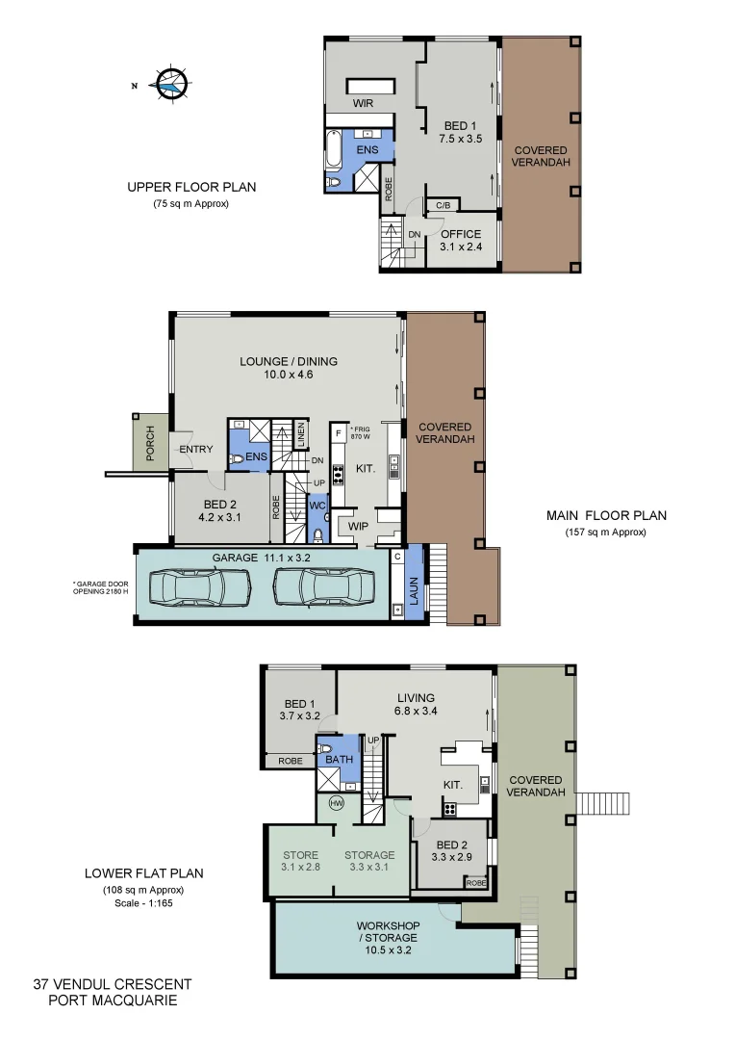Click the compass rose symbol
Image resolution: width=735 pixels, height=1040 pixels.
[x=170, y=85]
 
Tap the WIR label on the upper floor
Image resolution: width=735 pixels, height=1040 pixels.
[x=363, y=103]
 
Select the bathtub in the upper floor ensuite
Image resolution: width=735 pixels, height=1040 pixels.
[x=333, y=152]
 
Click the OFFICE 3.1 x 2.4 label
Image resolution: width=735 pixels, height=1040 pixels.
[x=460, y=240]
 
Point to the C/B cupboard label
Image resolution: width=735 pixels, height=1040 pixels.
[x=444, y=205]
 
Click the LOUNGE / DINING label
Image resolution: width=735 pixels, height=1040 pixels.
[x=289, y=368]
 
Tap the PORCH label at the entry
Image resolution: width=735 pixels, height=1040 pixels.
[x=150, y=444]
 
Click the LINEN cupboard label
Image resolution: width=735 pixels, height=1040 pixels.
[x=301, y=434]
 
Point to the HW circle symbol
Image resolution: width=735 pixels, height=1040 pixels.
[x=337, y=802]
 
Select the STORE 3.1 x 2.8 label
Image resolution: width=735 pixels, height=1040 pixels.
[x=301, y=861]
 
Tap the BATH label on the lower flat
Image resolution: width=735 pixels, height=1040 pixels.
[x=339, y=760]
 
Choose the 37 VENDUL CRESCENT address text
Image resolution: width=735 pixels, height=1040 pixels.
[x=113, y=984]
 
